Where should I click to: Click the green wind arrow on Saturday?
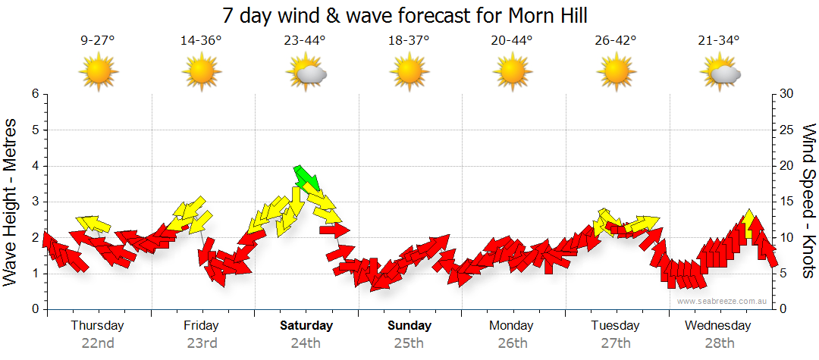(307, 177)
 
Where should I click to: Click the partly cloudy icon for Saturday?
(306, 74)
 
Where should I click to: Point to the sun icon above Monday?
(512, 73)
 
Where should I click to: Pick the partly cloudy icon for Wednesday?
(720, 74)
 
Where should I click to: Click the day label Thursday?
(97, 325)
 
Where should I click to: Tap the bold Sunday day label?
(409, 325)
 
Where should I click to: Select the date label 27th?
(615, 343)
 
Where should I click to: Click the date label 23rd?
(202, 343)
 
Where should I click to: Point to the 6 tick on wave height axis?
(35, 94)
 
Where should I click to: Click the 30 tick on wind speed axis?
(787, 94)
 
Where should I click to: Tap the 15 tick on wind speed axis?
(786, 202)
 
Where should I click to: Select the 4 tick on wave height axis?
(35, 166)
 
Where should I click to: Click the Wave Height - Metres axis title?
(11, 201)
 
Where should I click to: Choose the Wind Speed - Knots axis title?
(808, 201)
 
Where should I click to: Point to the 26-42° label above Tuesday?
(615, 40)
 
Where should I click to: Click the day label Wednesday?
(717, 325)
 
